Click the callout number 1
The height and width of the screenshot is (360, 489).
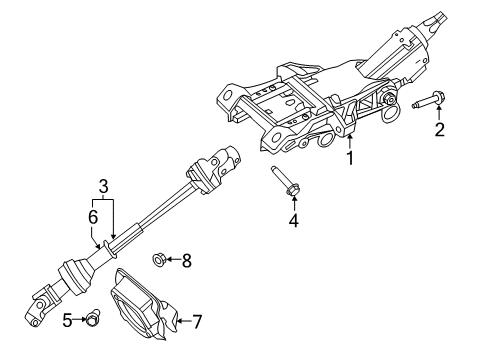[x=350, y=158]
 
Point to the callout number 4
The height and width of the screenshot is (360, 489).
[x=293, y=219]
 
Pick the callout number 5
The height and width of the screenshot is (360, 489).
[x=68, y=320]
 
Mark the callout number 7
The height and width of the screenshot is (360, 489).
[x=197, y=321]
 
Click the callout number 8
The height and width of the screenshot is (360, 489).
[x=186, y=262]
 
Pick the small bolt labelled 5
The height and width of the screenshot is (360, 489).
[x=92, y=320]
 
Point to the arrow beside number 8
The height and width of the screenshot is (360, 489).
[x=172, y=262]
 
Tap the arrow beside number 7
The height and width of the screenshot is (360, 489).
[x=182, y=321]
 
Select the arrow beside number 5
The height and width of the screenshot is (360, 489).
[x=79, y=320]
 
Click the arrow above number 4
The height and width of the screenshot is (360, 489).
[x=293, y=202]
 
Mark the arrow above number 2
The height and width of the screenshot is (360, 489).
[x=438, y=113]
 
